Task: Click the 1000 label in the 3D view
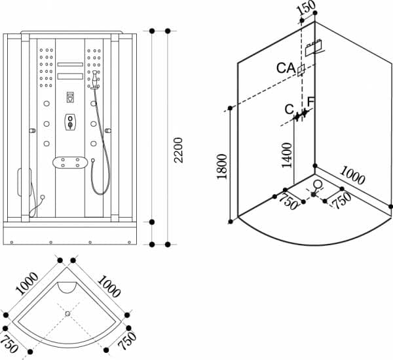353,176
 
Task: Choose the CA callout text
286,68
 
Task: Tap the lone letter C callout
289,109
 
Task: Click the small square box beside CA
301,71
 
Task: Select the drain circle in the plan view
67,313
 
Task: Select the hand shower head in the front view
96,81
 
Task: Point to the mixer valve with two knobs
69,123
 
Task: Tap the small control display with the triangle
69,98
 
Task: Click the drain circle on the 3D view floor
318,185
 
